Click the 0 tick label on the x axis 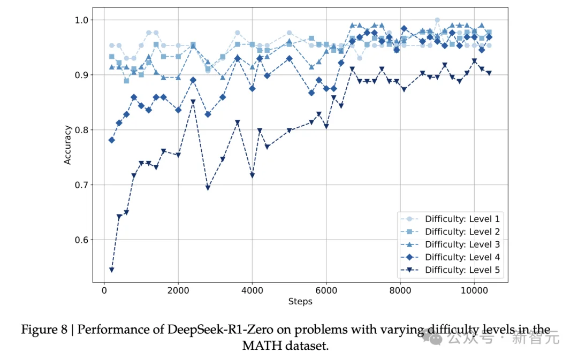[104, 290]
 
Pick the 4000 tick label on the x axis [252, 290]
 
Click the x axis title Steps [300, 301]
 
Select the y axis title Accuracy [67, 144]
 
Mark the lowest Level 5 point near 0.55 [111, 270]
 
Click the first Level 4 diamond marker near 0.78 [111, 140]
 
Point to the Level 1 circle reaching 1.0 [437, 20]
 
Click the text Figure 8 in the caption [45, 330]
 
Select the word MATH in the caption [261, 346]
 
